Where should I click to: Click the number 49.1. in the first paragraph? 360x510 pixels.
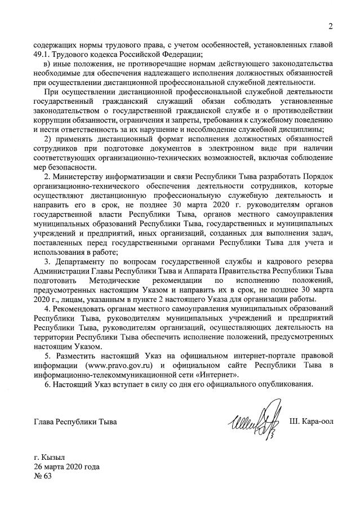(44, 55)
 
